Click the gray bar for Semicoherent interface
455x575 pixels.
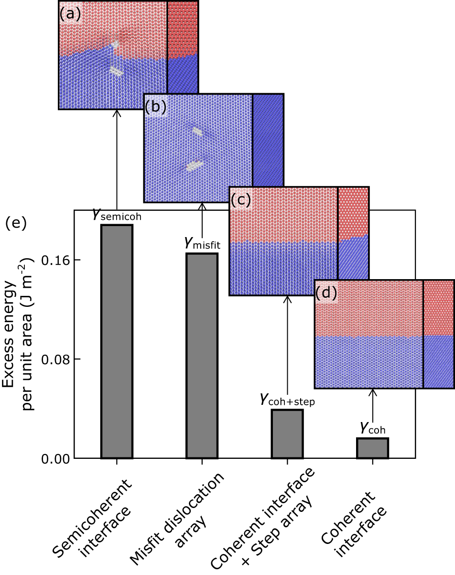coord(117,341)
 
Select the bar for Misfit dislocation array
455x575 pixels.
coord(202,355)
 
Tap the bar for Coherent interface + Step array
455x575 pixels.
coord(287,434)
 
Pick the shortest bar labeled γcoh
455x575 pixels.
coord(372,448)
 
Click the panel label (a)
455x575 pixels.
coord(69,14)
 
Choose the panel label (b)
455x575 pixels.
coord(155,107)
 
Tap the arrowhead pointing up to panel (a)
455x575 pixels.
coord(117,113)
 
